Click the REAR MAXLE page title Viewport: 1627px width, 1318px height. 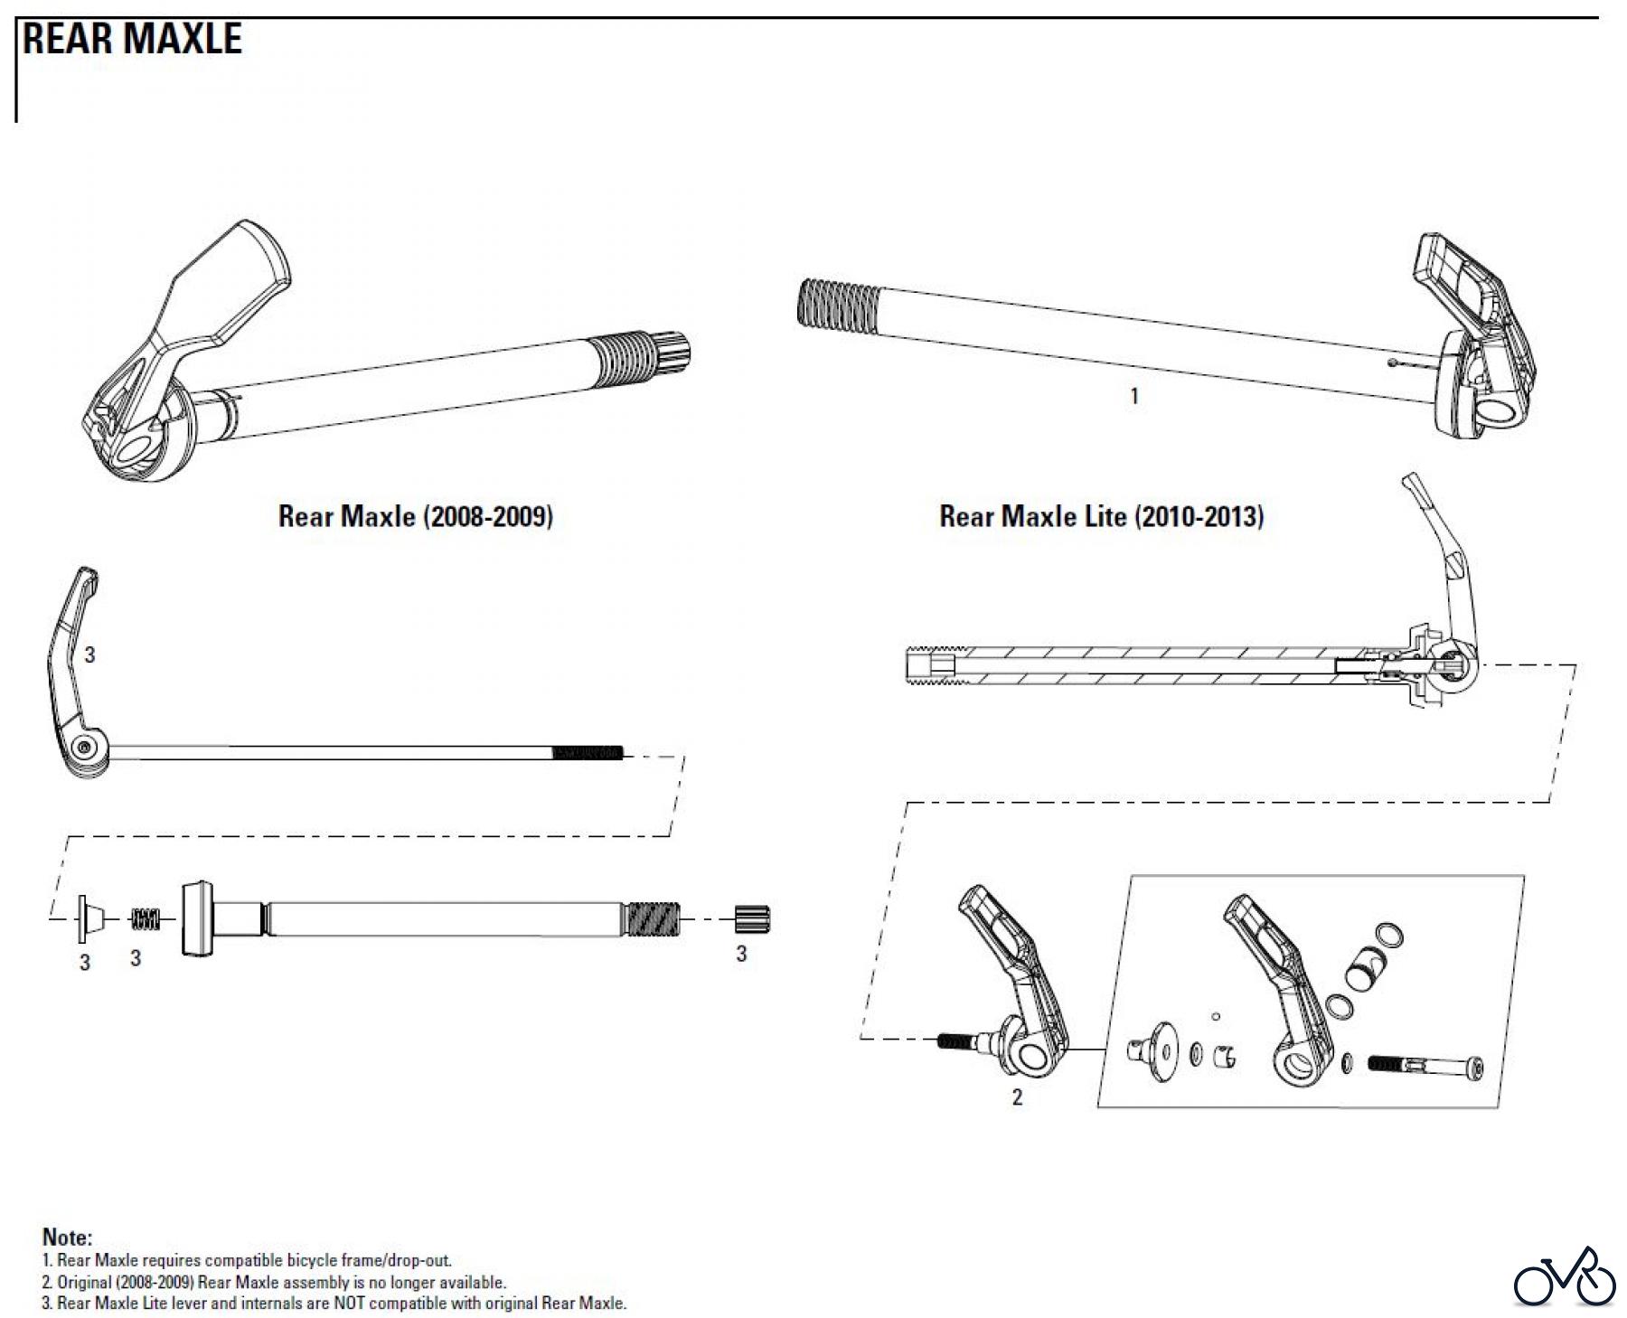coord(132,39)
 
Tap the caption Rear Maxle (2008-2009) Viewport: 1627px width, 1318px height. coord(415,516)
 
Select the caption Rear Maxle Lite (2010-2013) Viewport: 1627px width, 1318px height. coord(1101,516)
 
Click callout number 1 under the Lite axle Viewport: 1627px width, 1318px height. coord(1134,396)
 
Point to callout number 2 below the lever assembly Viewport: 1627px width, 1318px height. coord(1017,1097)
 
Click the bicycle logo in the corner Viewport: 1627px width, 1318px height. coord(1565,1277)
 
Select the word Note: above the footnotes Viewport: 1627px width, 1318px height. coord(67,1238)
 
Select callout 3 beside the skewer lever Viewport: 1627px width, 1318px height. coord(89,654)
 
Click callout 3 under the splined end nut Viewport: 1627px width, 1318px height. coord(741,955)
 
